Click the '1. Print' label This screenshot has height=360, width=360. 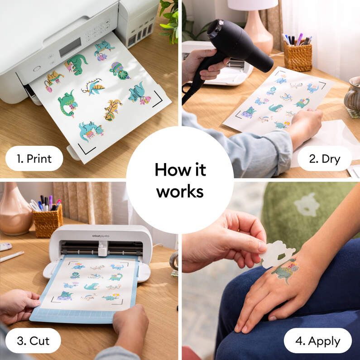click(34, 158)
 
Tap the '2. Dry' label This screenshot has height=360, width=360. click(324, 158)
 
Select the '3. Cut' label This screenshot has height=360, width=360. click(33, 341)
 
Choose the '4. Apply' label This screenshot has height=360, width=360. click(317, 341)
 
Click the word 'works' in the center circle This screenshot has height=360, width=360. click(180, 192)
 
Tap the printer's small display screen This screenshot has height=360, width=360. click(70, 47)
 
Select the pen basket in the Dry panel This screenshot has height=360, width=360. click(298, 56)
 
